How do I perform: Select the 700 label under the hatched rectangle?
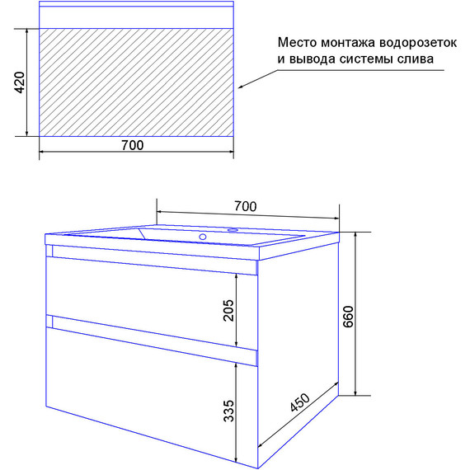[132, 146]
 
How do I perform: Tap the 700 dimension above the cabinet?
[246, 205]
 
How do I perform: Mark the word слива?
[416, 59]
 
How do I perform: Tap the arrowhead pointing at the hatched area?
[242, 86]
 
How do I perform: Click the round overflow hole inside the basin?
[201, 237]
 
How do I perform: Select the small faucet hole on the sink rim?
[233, 230]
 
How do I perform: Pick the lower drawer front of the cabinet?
[140, 388]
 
